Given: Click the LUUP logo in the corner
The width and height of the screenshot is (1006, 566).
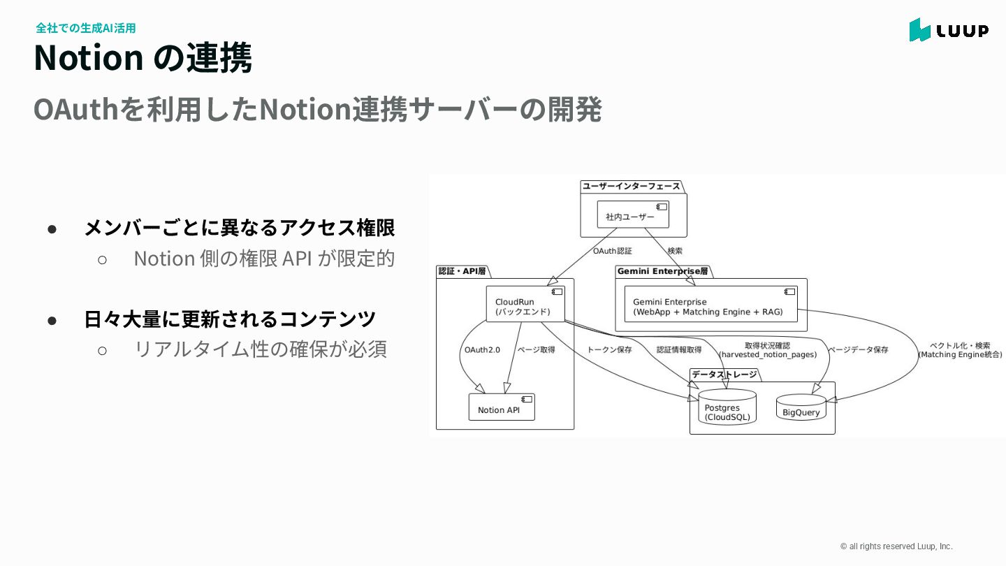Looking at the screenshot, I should pyautogui.click(x=949, y=30).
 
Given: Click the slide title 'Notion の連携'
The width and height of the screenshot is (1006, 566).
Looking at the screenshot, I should pyautogui.click(x=143, y=57).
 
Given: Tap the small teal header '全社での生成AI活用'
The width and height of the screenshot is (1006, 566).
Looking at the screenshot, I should pyautogui.click(x=85, y=28).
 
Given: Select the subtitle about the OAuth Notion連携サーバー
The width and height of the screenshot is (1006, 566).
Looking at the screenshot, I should pyautogui.click(x=317, y=109).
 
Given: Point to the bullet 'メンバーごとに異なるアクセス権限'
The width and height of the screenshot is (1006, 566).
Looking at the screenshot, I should pyautogui.click(x=239, y=227).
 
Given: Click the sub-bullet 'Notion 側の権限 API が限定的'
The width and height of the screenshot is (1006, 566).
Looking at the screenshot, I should pyautogui.click(x=263, y=258).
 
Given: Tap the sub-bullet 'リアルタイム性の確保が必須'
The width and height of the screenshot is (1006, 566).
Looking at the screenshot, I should pyautogui.click(x=260, y=349).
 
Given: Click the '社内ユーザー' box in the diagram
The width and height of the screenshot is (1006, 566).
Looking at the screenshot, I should pyautogui.click(x=633, y=215).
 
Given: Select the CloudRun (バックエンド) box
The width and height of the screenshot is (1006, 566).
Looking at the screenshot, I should pyautogui.click(x=525, y=305).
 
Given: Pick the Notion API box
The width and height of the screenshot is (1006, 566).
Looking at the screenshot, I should pyautogui.click(x=502, y=407).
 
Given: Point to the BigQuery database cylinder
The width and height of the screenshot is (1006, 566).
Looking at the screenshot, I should pyautogui.click(x=801, y=408).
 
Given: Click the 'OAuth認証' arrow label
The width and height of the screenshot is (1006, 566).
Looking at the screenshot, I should pyautogui.click(x=612, y=250).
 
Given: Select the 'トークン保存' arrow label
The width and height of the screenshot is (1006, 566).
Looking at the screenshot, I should pyautogui.click(x=609, y=349).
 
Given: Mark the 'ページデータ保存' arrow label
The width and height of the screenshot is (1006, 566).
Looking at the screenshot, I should pyautogui.click(x=859, y=349).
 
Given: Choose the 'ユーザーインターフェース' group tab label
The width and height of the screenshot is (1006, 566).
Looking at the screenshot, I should pyautogui.click(x=631, y=187).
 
